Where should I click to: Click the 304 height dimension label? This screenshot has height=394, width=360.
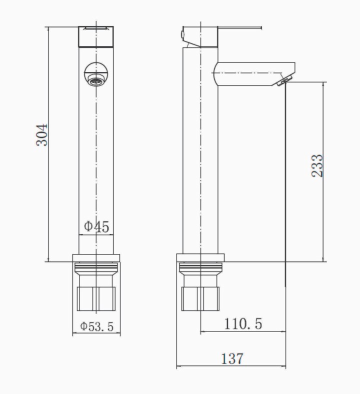[41, 134]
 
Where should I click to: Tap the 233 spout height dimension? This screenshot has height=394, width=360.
[317, 166]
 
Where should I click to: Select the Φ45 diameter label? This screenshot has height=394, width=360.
[96, 226]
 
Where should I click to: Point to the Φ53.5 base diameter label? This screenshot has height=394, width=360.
[96, 326]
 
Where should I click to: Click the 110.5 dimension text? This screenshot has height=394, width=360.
[243, 323]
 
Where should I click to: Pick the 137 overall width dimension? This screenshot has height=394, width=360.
[232, 358]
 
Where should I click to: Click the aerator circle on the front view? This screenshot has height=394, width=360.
[96, 74]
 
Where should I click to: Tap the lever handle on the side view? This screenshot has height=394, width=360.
[239, 27]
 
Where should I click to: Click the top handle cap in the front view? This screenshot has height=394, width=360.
[96, 36]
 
